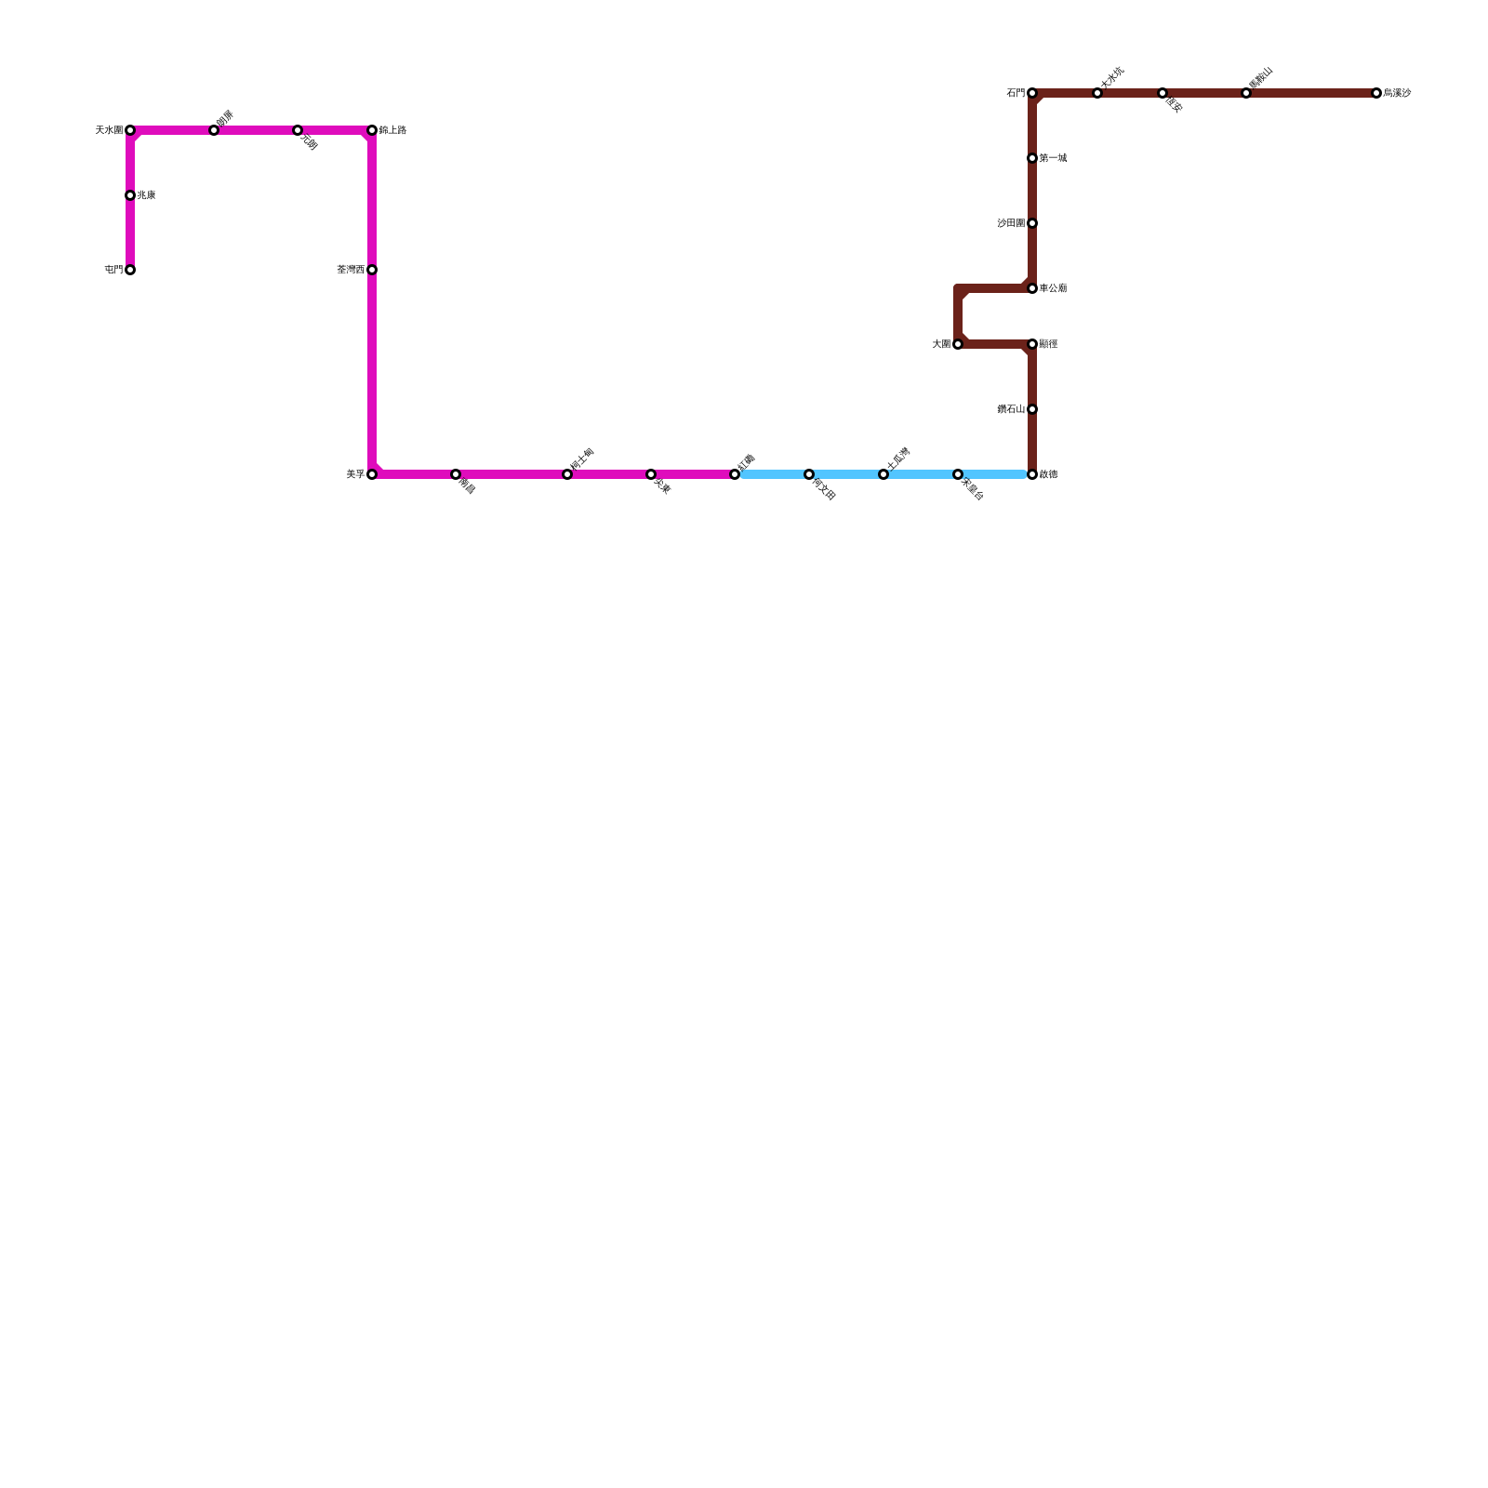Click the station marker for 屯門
tap(130, 270)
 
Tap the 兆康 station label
tap(146, 195)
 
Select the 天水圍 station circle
tap(130, 130)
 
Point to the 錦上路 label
tap(392, 130)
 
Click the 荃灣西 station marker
tap(372, 270)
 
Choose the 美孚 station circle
tap(372, 474)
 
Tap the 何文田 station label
tap(824, 488)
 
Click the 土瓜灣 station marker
tap(883, 474)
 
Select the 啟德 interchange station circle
tap(1032, 474)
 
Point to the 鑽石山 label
tap(1011, 409)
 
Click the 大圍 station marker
tap(958, 344)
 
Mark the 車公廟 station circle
tap(1032, 288)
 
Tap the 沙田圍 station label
tap(1011, 223)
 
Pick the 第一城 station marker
tap(1032, 158)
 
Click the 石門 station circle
tap(1032, 93)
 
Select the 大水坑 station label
tap(1112, 77)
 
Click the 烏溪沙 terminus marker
tap(1376, 93)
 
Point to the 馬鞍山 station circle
tap(1246, 93)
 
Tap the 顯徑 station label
tap(1048, 344)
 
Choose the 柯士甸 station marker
tap(567, 474)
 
